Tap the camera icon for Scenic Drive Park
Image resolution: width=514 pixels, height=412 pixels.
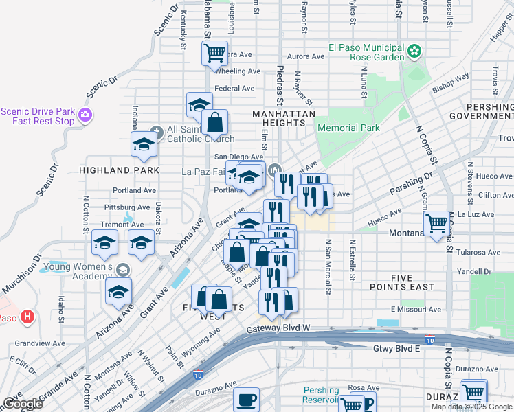pos(86,115)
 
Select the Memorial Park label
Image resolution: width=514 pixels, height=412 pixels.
pos(348,128)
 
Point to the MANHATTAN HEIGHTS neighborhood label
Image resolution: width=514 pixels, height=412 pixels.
pos(283,118)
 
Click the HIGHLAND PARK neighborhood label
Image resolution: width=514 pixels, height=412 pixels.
pos(119,170)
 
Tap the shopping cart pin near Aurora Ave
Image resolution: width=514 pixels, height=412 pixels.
pos(215,52)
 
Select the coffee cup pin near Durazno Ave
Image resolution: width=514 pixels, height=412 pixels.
pos(246,400)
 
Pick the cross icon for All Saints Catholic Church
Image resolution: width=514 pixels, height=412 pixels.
pos(157,129)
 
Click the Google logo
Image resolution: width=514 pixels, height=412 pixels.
pos(23,404)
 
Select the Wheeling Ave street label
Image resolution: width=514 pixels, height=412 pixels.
pos(238,71)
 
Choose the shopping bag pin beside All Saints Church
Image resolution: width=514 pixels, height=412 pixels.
pos(215,124)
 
